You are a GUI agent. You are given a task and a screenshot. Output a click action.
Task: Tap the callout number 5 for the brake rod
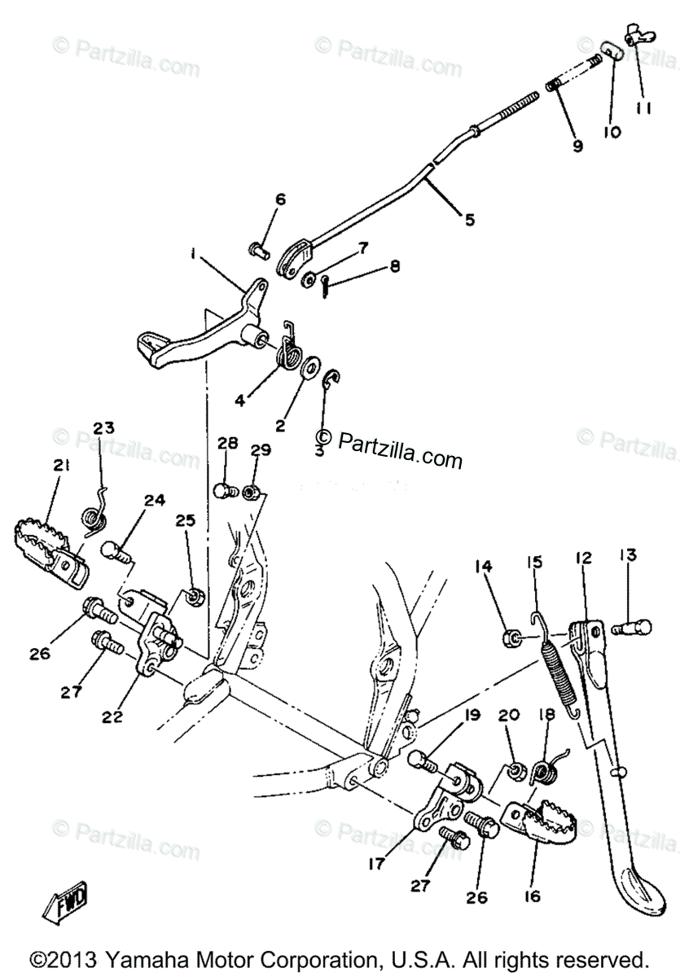[x=470, y=219]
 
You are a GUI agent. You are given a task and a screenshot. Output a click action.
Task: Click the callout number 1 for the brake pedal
[x=193, y=254]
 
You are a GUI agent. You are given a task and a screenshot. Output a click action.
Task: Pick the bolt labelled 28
[x=225, y=491]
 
